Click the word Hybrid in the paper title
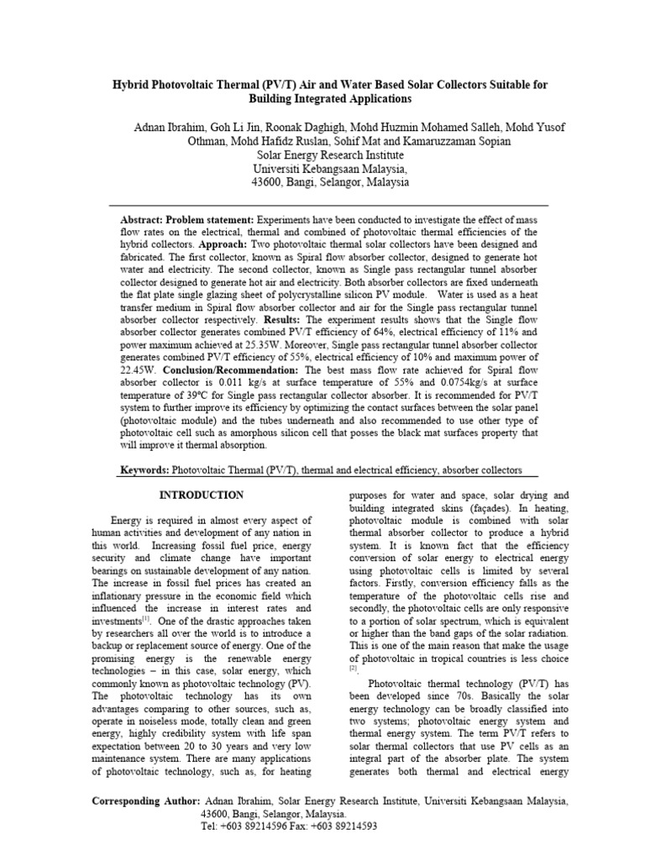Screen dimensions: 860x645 point(132,84)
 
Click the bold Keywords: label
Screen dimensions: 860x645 point(144,470)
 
